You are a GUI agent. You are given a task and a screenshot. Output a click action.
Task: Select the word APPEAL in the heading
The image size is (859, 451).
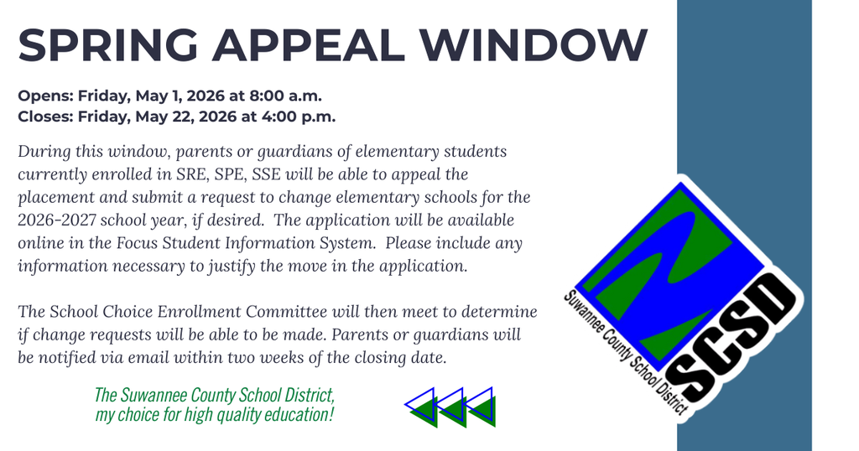point(324,44)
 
